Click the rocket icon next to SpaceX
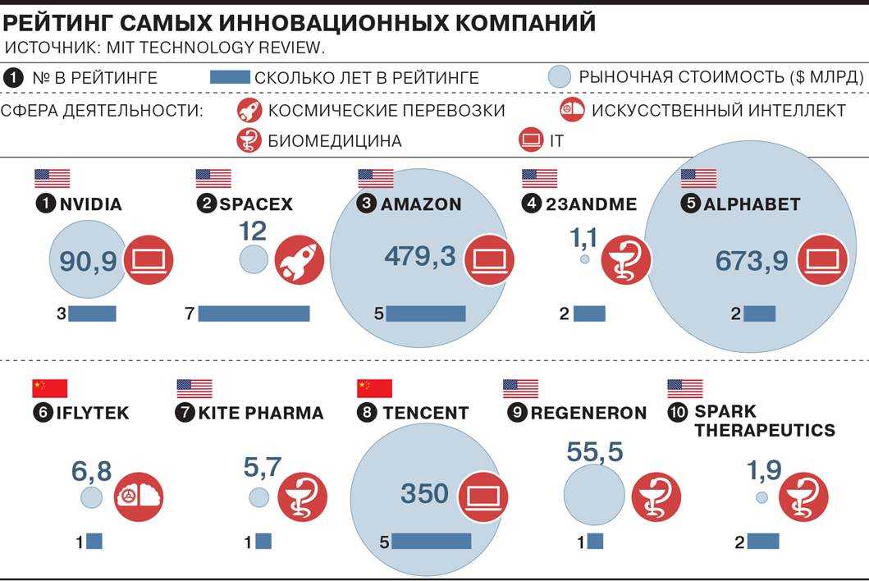click(x=300, y=260)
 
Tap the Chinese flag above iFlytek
click(x=49, y=388)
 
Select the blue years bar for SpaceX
click(x=254, y=313)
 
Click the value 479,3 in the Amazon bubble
click(x=419, y=257)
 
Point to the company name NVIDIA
click(x=90, y=204)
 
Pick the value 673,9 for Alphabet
click(x=752, y=261)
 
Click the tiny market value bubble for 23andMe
click(x=584, y=259)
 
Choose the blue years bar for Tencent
click(x=432, y=542)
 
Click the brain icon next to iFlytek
click(x=139, y=497)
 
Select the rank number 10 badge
click(x=677, y=412)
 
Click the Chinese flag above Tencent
click(x=374, y=388)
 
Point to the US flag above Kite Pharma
click(x=194, y=388)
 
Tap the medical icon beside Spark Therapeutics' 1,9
click(x=803, y=497)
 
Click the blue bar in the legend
click(x=230, y=78)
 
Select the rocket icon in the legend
click(x=249, y=110)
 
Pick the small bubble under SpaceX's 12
click(x=254, y=261)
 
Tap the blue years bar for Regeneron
click(x=595, y=542)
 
